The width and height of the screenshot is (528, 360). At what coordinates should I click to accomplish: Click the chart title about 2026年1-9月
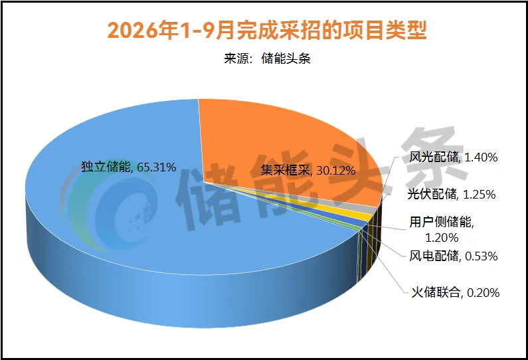(267, 31)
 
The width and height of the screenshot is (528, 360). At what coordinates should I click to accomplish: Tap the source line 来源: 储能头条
(267, 58)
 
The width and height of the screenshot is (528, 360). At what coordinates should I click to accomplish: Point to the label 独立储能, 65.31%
(129, 167)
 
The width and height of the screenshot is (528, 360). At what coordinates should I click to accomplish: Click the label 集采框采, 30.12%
(308, 171)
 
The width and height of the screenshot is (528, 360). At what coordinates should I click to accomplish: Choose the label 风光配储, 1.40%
(453, 157)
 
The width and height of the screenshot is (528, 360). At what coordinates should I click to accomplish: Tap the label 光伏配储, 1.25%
(451, 195)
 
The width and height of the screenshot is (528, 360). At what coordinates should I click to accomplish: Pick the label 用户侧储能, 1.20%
(442, 230)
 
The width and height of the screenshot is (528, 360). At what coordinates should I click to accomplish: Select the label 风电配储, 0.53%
(453, 256)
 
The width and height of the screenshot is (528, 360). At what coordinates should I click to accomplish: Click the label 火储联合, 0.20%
(455, 293)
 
